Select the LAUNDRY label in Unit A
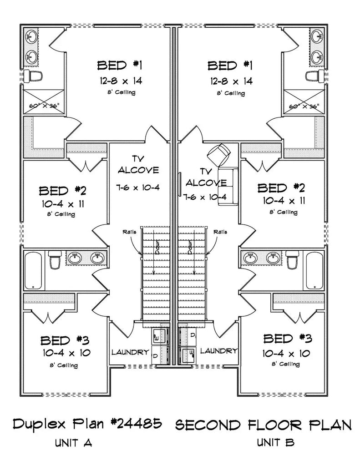pos(130,352)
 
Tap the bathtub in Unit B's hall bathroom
pos(314,270)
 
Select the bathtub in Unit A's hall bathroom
pos(34,271)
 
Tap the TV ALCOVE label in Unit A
pos(139,164)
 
